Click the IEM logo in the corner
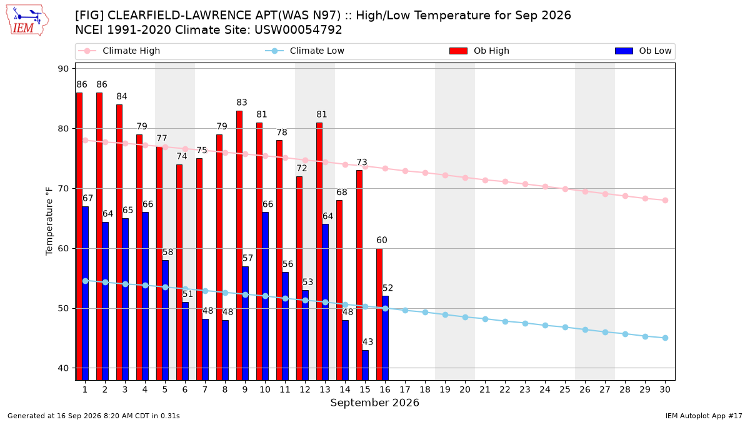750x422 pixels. (27, 21)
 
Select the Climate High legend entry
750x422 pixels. (119, 51)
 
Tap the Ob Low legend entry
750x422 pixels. (643, 51)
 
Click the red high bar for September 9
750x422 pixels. (239, 246)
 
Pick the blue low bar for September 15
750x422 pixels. (365, 365)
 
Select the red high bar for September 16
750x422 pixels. (379, 314)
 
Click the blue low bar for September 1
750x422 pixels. (86, 293)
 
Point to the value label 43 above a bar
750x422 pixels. (367, 342)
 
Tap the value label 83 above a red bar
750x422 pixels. (242, 103)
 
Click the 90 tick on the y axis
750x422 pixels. (63, 69)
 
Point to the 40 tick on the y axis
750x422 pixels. (63, 368)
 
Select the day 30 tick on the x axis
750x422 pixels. (665, 389)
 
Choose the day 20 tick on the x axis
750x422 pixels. (465, 389)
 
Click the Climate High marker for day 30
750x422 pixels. (665, 200)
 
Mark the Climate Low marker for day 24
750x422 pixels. (545, 325)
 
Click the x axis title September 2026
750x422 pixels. (374, 403)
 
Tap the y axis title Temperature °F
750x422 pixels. (49, 221)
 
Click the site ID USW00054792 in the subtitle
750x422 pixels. (298, 30)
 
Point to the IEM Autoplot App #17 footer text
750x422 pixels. (704, 416)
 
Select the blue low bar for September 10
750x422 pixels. (265, 296)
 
